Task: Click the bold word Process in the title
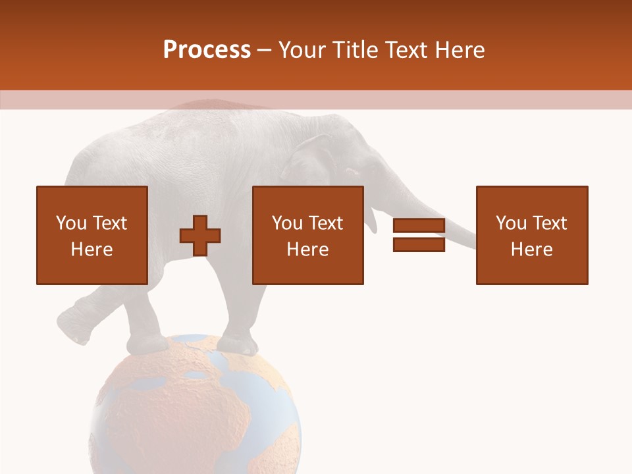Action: click(207, 49)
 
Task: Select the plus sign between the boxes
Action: click(201, 235)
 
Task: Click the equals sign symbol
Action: click(419, 235)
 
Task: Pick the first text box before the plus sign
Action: click(92, 235)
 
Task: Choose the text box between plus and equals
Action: click(307, 235)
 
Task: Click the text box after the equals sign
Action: click(532, 235)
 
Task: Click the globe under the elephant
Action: click(194, 408)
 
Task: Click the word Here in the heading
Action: click(459, 49)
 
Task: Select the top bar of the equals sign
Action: click(419, 226)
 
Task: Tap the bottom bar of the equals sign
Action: click(419, 244)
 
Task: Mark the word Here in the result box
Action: click(532, 250)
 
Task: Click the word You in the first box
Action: click(71, 223)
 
